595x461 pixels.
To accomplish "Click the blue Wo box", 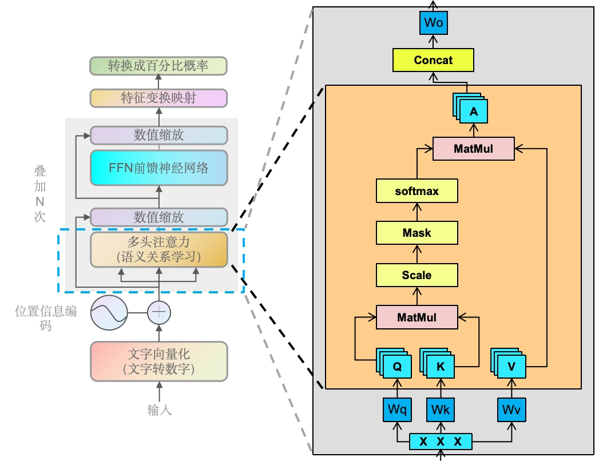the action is tap(433, 23).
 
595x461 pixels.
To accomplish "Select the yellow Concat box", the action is tap(433, 60).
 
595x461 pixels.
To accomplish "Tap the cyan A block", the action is tap(470, 108).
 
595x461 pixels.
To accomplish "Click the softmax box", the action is tap(416, 191).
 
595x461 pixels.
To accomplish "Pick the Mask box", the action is tap(416, 233).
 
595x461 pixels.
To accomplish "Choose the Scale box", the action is tap(416, 275).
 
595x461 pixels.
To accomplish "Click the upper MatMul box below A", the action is tap(474, 149).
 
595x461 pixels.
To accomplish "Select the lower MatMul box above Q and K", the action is tap(416, 317).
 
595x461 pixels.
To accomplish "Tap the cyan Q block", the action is tap(394, 363).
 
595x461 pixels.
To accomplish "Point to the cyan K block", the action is tap(437, 363).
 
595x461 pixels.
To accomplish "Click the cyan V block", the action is tap(508, 363).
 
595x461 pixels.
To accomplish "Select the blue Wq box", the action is tap(397, 410).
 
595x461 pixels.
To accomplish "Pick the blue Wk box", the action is tap(440, 410).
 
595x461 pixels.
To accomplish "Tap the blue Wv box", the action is tap(511, 410).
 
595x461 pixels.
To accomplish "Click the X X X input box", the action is tap(441, 442).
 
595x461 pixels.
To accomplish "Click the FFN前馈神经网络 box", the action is tap(158, 168).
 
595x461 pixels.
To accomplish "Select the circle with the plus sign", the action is tap(159, 313).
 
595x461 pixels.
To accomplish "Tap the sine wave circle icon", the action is tap(109, 313).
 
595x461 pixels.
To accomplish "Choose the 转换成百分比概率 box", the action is tap(158, 66).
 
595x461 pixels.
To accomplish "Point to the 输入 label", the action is tap(160, 410).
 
